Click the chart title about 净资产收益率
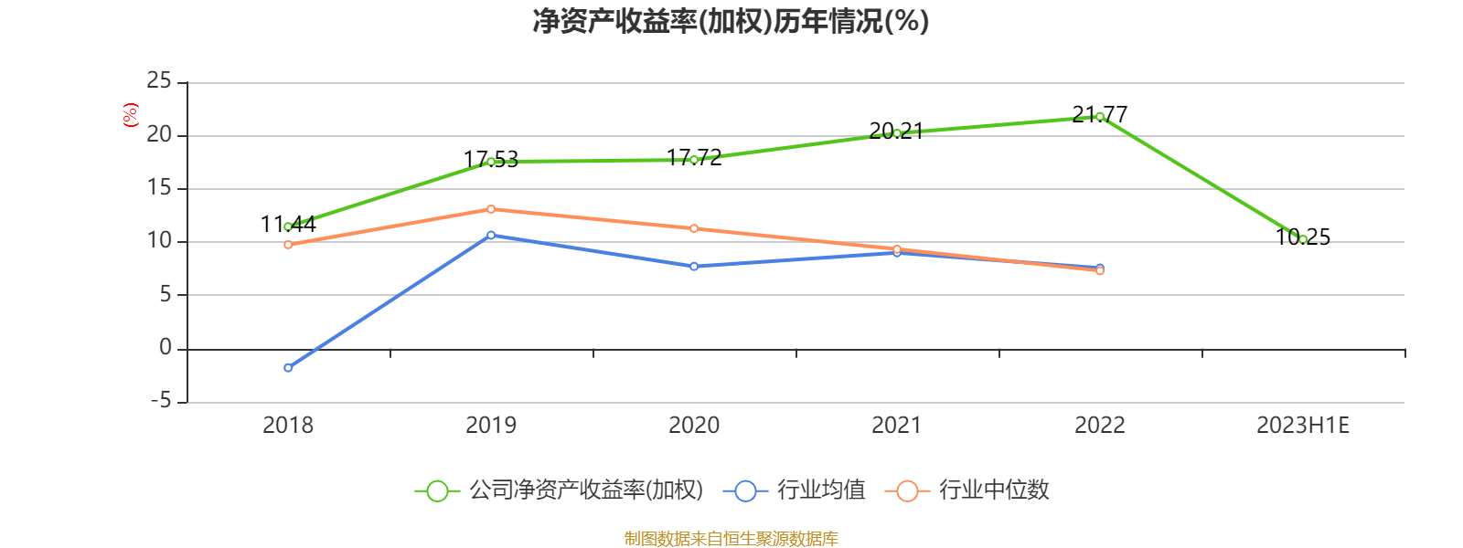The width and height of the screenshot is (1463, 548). click(731, 21)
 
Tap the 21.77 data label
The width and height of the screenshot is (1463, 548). click(1099, 114)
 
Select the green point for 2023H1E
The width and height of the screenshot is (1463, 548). click(1303, 239)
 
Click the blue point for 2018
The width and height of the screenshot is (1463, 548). click(288, 367)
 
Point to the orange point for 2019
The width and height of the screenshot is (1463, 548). click(491, 209)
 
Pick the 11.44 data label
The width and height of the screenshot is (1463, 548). click(288, 224)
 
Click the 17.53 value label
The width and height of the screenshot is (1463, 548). click(491, 160)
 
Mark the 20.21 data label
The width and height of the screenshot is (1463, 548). click(896, 132)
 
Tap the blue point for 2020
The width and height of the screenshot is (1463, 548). click(694, 267)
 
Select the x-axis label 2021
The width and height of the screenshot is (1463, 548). click(896, 426)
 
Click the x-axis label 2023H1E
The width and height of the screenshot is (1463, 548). click(1302, 426)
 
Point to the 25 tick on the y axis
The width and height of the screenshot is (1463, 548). click(159, 82)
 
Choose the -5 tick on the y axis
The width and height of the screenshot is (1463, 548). click(159, 402)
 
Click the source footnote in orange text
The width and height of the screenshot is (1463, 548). click(731, 539)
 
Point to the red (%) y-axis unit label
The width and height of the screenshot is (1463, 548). click(130, 115)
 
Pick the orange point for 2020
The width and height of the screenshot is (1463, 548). click(694, 228)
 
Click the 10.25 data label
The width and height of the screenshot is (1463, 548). click(1303, 237)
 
